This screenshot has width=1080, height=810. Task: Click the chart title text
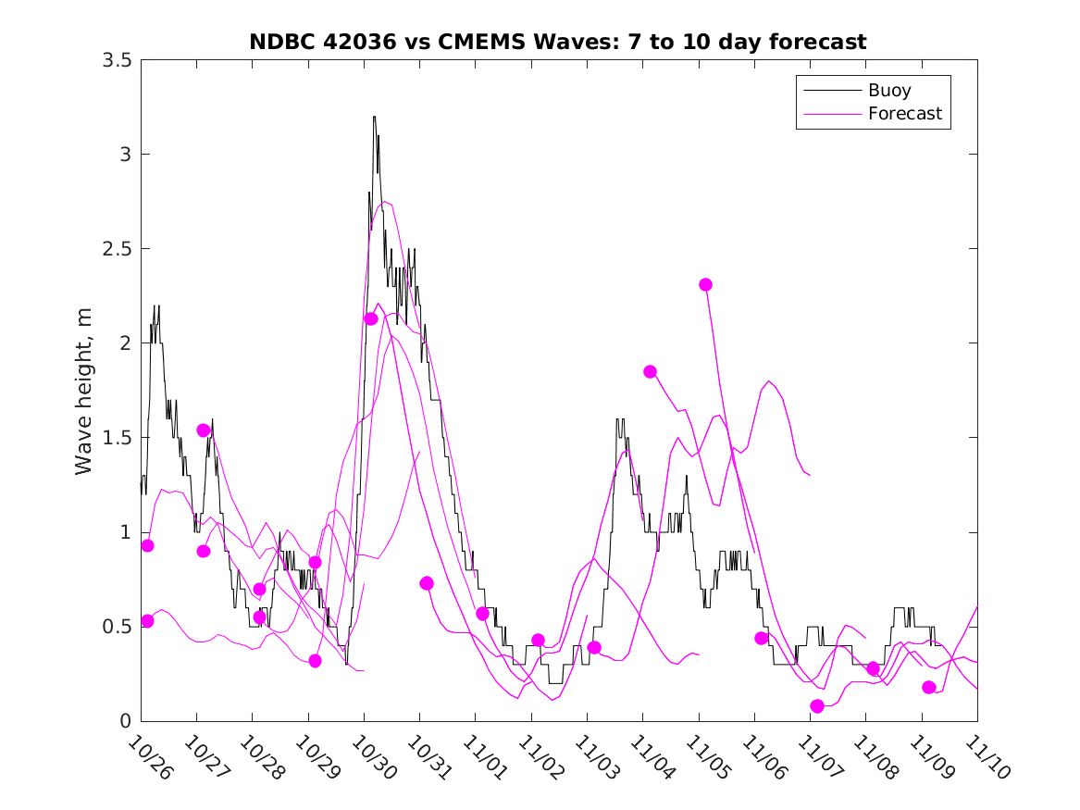click(558, 42)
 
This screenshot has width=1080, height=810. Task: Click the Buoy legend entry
click(888, 90)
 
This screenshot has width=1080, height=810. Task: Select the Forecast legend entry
click(904, 114)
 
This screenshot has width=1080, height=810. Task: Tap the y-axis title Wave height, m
click(84, 391)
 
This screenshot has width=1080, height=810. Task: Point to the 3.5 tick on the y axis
click(117, 59)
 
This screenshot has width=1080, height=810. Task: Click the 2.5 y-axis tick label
click(117, 248)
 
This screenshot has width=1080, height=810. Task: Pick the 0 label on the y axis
click(124, 720)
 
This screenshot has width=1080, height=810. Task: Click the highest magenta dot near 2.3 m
click(705, 284)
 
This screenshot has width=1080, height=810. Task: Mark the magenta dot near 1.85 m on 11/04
click(650, 371)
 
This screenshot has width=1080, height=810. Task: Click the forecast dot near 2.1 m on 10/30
click(371, 318)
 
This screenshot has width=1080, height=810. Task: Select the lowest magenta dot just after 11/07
click(817, 706)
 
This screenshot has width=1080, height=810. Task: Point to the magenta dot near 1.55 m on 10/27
click(204, 430)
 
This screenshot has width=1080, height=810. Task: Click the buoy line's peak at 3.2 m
click(374, 117)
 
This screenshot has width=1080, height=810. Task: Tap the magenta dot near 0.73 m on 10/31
click(427, 583)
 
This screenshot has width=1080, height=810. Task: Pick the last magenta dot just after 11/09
click(929, 687)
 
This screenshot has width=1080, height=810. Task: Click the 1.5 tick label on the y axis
click(117, 437)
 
